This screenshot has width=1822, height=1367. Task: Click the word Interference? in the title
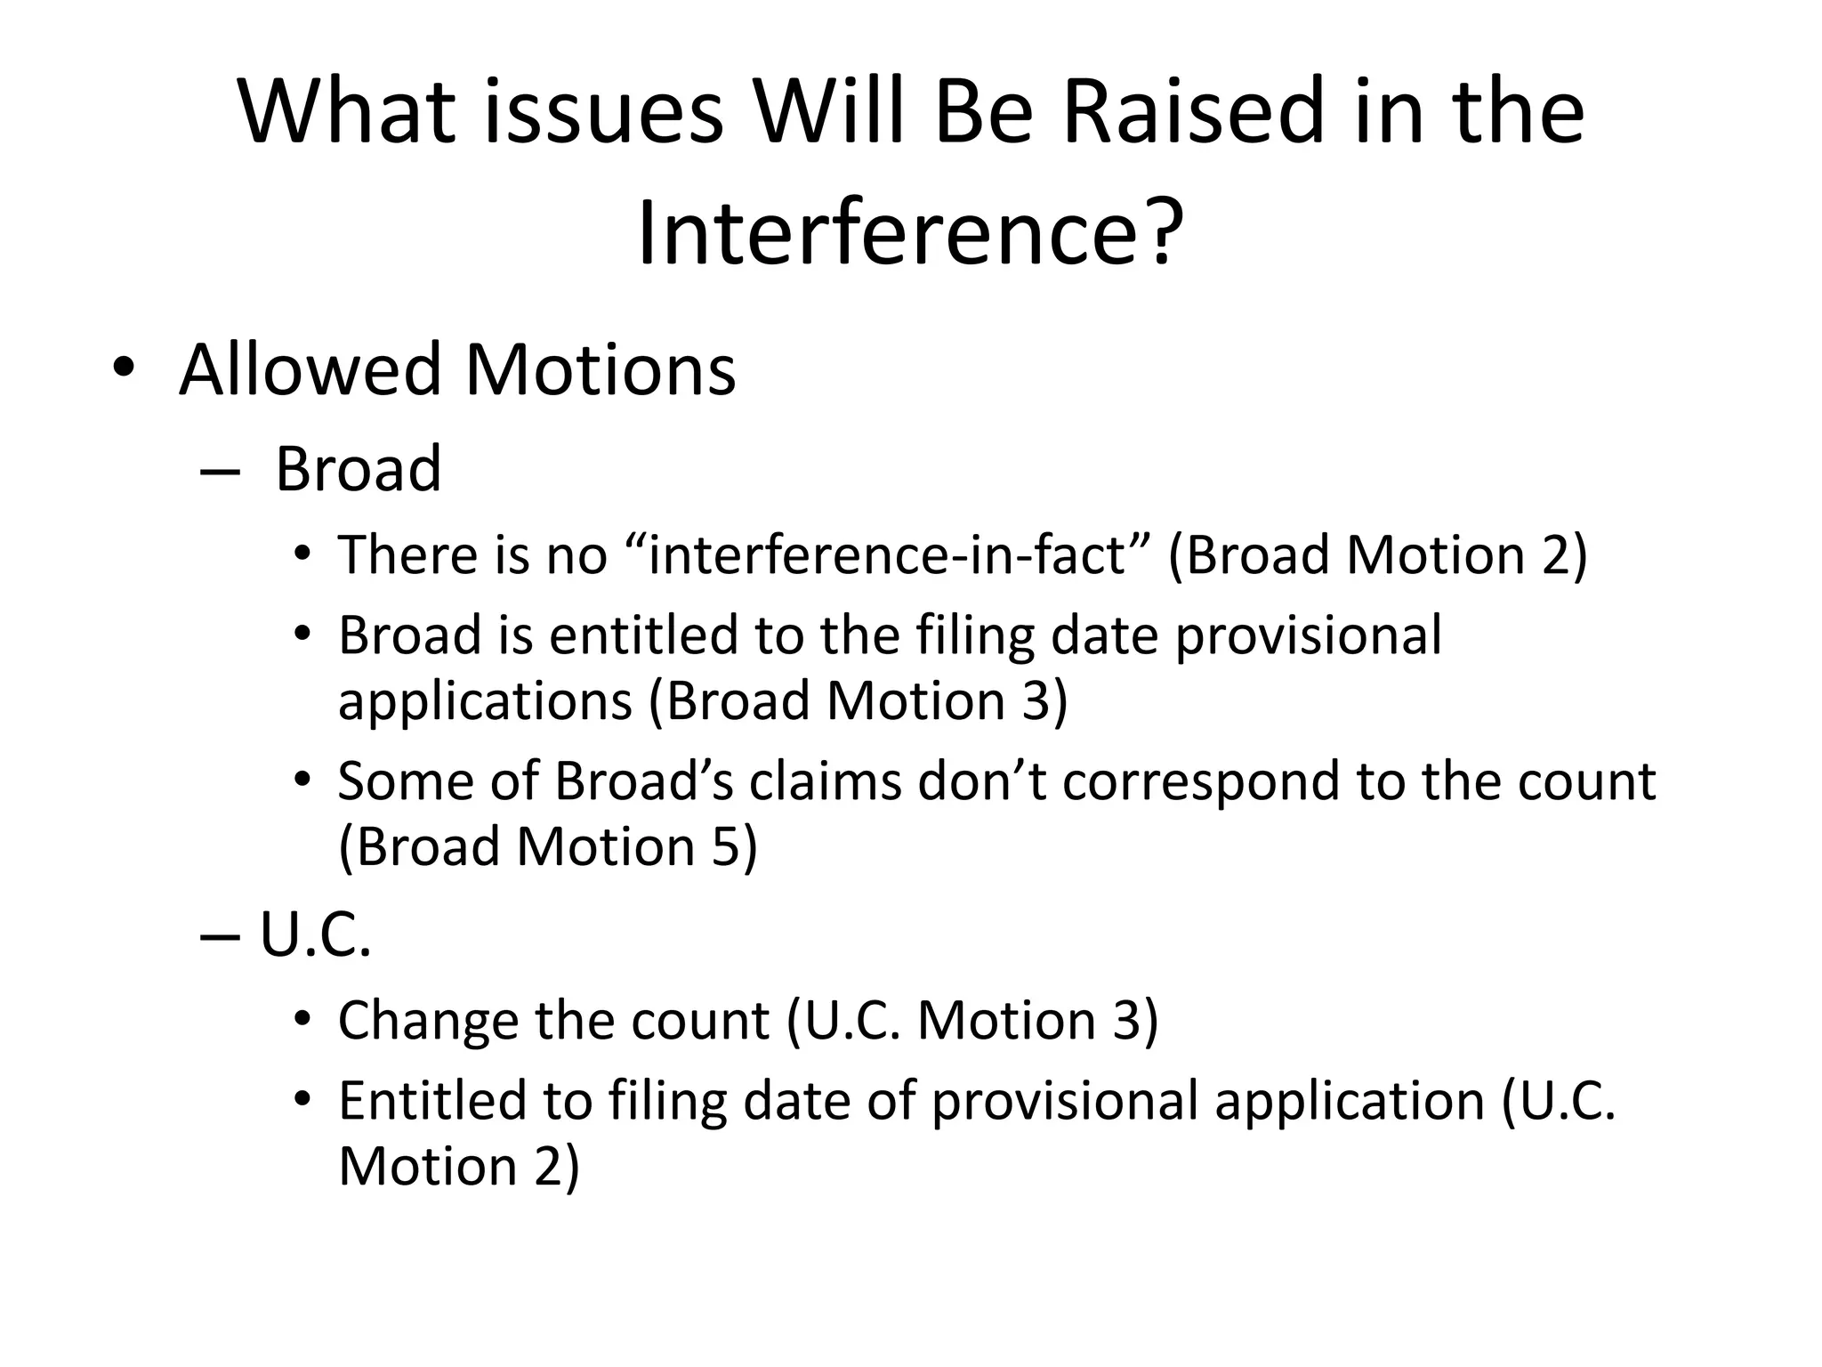click(911, 233)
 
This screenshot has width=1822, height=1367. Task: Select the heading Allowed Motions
click(457, 369)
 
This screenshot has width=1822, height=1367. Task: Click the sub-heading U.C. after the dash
click(315, 935)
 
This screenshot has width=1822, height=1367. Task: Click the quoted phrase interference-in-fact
click(886, 554)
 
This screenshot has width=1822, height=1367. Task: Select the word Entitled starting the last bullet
click(464, 1101)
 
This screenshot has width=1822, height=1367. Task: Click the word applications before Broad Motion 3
click(485, 700)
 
